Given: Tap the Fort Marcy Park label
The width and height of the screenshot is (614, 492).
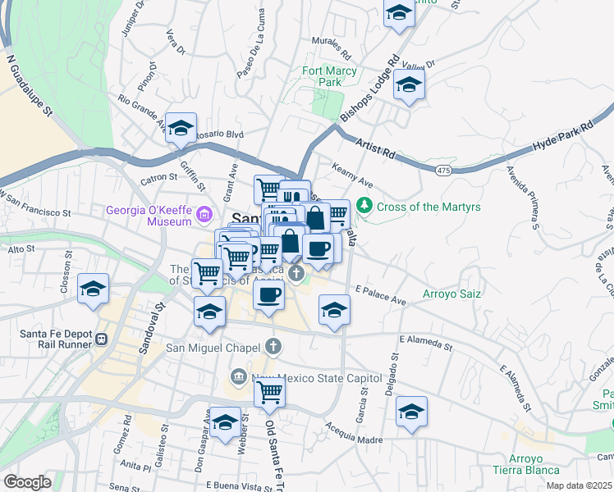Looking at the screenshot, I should point(329,76).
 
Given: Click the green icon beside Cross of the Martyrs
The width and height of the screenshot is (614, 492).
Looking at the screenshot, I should point(367,207).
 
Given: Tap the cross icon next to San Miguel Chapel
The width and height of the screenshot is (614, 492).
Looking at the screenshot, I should point(273,347).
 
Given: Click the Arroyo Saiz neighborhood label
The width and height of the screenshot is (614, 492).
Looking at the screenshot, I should point(451,293).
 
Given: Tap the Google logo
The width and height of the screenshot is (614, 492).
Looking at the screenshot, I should point(27,482).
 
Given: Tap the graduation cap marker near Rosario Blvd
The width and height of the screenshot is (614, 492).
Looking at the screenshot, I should point(181,128).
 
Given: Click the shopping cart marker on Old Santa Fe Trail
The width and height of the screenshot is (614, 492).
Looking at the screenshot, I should point(269,394).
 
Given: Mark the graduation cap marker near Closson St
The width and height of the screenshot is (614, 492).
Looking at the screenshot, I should point(94,289).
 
